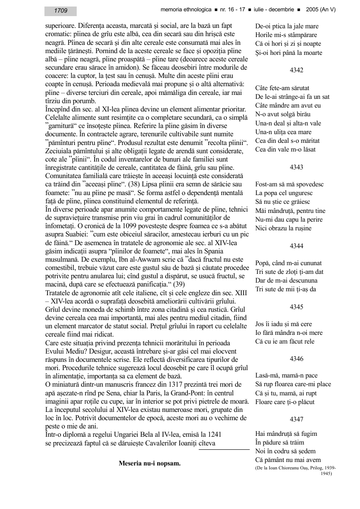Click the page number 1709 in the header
pyautogui.click(x=61, y=10)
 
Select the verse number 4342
pyautogui.click(x=296, y=70)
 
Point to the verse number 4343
pyautogui.click(x=296, y=167)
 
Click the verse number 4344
pyautogui.click(x=296, y=246)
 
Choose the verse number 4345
pyautogui.click(x=296, y=307)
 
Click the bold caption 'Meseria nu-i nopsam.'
pyautogui.click(x=149, y=463)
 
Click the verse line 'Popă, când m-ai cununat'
pyautogui.click(x=289, y=263)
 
